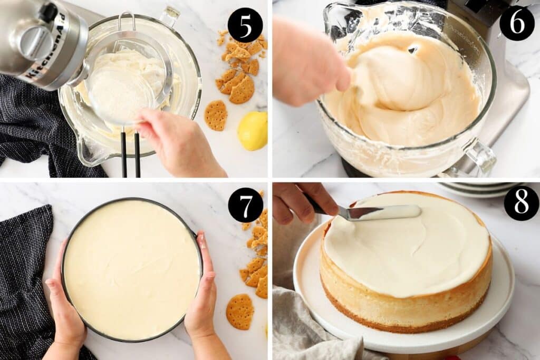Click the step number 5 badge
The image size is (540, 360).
point(245,25)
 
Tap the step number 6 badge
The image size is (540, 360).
point(517,23)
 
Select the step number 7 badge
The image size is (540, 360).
point(245,205)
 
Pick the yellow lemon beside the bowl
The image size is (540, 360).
point(253,130)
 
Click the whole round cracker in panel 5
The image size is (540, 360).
point(216,115)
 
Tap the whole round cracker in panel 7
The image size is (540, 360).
point(240,311)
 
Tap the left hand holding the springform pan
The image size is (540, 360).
point(66,311)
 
